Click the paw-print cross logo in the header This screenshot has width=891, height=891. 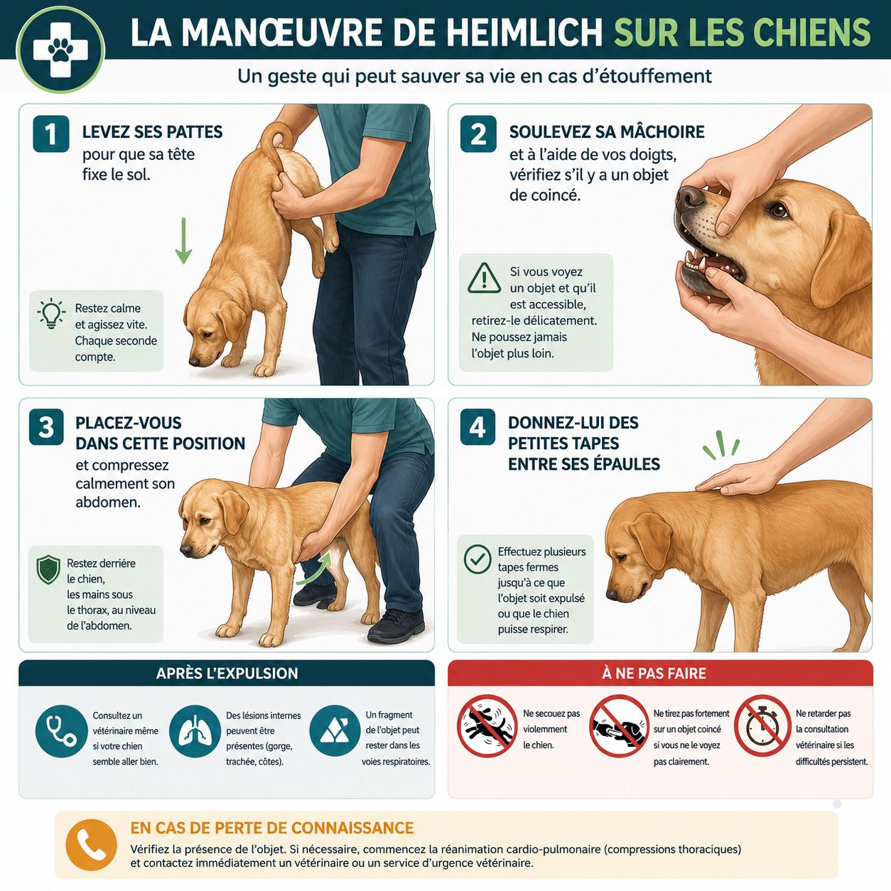tap(60, 50)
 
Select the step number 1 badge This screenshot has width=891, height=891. tap(51, 134)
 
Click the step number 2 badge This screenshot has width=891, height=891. tap(478, 134)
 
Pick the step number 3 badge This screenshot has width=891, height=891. tap(46, 427)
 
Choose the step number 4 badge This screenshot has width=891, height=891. tap(477, 427)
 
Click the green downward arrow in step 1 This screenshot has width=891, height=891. tap(183, 240)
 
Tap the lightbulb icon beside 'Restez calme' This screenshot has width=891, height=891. tap(51, 313)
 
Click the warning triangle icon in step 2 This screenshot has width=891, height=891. tap(484, 279)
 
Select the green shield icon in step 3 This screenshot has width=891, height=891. tap(48, 570)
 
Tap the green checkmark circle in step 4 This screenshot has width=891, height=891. tap(477, 559)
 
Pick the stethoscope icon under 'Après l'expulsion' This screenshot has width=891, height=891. tap(62, 731)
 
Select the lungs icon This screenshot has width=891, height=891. tap(195, 731)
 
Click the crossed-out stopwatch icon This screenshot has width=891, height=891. tap(762, 725)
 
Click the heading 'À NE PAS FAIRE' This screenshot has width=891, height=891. tap(654, 673)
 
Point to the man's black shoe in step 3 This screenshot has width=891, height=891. tap(396, 627)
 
